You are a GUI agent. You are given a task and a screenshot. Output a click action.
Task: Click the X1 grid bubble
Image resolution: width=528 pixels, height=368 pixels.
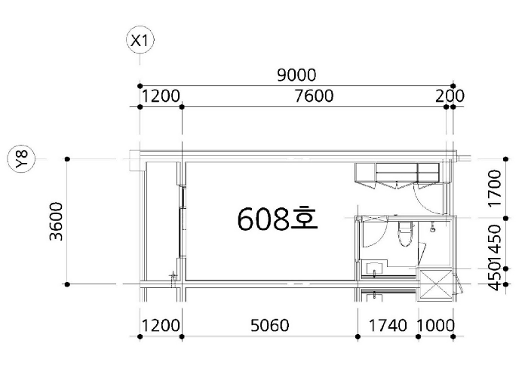click(x=140, y=41)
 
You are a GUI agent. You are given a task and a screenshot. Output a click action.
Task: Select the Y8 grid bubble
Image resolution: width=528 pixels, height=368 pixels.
click(x=22, y=158)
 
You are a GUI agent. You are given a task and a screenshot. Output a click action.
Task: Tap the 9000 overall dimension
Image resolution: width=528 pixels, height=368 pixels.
click(x=296, y=75)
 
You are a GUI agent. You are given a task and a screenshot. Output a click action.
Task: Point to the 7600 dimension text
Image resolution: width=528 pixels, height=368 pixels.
click(x=314, y=96)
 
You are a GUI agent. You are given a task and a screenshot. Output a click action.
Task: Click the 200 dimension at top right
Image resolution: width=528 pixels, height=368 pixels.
click(x=450, y=96)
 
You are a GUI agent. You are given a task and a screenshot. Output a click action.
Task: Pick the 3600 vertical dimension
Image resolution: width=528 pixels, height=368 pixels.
click(x=57, y=221)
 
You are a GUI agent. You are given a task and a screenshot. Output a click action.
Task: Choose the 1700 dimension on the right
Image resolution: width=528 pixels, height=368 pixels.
click(x=496, y=188)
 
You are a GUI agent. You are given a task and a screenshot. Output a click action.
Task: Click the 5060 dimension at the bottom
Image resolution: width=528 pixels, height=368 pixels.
click(x=270, y=326)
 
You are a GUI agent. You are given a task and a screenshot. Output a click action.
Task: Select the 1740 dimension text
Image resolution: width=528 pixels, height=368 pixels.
click(x=388, y=326)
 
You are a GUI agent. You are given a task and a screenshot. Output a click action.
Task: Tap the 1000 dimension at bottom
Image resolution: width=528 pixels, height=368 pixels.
click(x=436, y=326)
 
